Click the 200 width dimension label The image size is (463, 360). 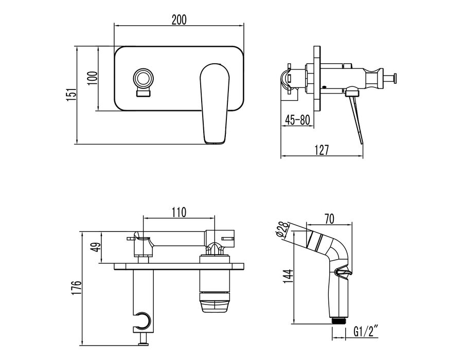click(x=179, y=20)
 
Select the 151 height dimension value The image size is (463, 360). click(x=71, y=95)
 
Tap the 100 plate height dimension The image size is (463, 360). click(x=93, y=78)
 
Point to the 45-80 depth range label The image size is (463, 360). click(x=297, y=120)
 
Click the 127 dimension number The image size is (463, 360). click(x=322, y=150)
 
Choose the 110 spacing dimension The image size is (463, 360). click(x=179, y=212)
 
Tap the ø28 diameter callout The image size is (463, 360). click(x=283, y=229)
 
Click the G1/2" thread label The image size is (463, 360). click(x=366, y=332)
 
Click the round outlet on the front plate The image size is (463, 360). click(x=143, y=79)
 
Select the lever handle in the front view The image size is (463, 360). click(x=215, y=103)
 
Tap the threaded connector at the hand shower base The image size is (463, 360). click(x=339, y=321)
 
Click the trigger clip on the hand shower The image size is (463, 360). click(x=344, y=272)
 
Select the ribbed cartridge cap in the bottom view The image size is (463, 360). click(x=215, y=301)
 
